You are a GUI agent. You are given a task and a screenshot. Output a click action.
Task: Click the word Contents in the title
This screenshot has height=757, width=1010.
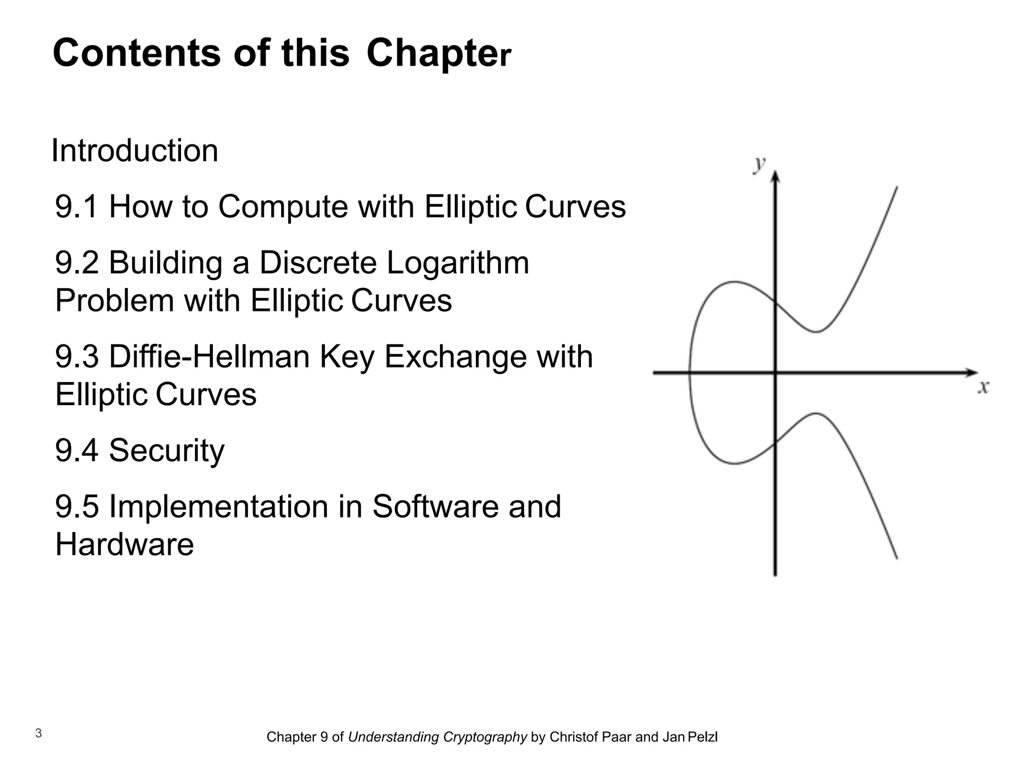pyautogui.click(x=137, y=53)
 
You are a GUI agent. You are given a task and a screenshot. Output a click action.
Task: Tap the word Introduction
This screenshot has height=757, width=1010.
pyautogui.click(x=135, y=150)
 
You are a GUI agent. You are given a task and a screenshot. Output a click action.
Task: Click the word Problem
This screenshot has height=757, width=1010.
pyautogui.click(x=114, y=301)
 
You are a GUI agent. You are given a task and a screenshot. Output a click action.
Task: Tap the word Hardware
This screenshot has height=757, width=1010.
pyautogui.click(x=124, y=545)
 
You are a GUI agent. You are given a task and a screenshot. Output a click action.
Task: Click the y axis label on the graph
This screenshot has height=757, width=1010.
pyautogui.click(x=759, y=164)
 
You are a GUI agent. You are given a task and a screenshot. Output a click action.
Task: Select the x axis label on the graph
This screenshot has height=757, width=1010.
pyautogui.click(x=983, y=388)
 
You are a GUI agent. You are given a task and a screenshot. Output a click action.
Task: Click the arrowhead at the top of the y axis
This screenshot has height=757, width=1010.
pyautogui.click(x=775, y=176)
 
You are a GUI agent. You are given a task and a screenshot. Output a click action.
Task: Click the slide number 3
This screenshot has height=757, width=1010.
pyautogui.click(x=38, y=733)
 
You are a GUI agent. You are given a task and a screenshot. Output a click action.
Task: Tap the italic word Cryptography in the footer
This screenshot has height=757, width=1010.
pyautogui.click(x=485, y=737)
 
